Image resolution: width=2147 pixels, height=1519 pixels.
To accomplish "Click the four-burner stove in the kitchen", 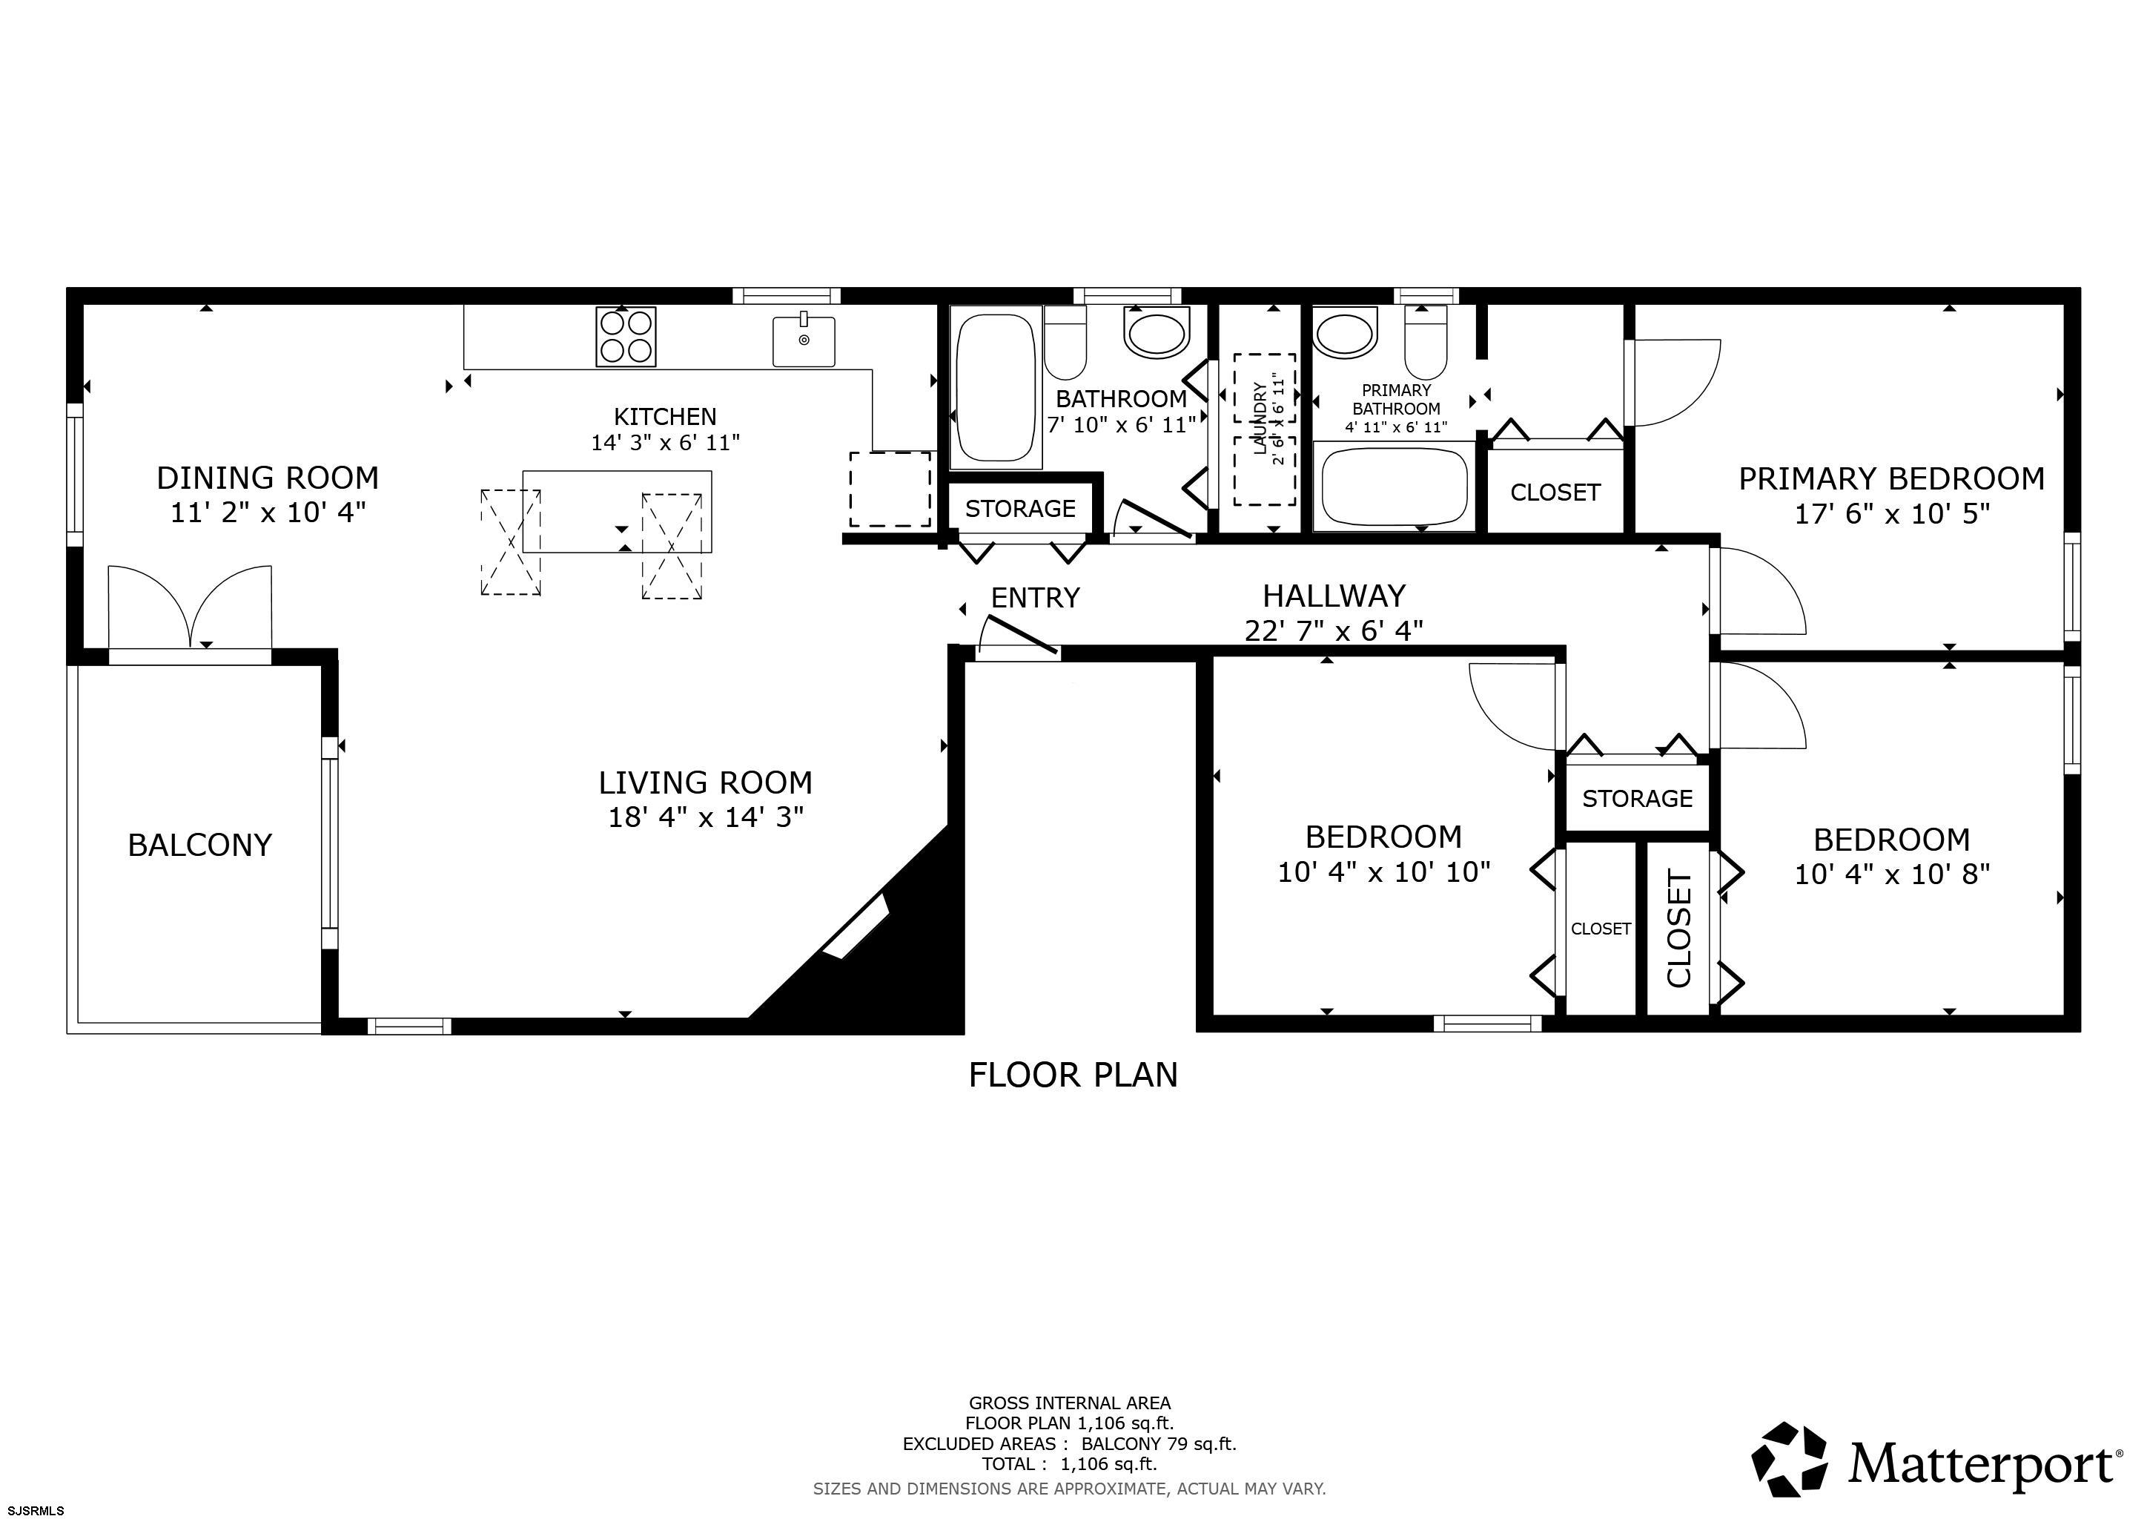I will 626,337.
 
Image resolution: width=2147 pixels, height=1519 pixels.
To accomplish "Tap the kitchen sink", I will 803,340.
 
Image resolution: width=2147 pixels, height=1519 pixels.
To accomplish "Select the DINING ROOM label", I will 268,478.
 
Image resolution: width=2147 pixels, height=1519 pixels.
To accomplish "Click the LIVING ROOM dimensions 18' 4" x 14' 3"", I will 705,817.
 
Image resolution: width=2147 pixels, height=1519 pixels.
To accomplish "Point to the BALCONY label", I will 199,845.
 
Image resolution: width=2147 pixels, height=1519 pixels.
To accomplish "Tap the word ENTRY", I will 1035,598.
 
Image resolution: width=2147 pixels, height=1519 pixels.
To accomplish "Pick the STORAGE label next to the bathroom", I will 1019,509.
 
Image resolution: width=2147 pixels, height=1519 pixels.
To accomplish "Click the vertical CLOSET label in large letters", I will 1679,928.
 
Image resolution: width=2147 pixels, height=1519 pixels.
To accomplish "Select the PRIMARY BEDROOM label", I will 1890,479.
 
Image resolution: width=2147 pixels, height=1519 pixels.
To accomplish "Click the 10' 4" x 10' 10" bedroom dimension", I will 1383,871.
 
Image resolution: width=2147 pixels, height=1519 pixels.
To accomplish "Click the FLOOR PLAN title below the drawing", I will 1073,1075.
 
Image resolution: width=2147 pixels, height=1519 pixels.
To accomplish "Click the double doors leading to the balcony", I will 190,608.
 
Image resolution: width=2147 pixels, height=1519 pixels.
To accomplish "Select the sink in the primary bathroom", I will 1344,334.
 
